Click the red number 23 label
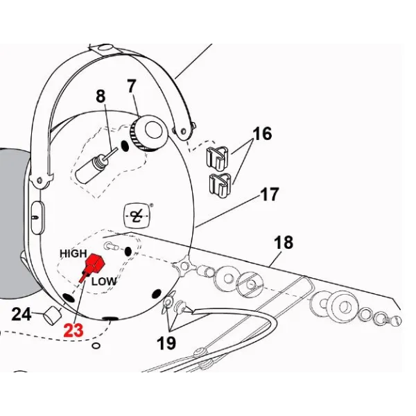[73, 331]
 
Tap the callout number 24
[21, 315]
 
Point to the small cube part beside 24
[49, 315]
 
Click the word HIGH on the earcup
[73, 254]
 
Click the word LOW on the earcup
[104, 281]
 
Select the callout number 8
[102, 97]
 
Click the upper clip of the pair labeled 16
[217, 158]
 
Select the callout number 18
[284, 243]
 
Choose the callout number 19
[166, 343]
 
